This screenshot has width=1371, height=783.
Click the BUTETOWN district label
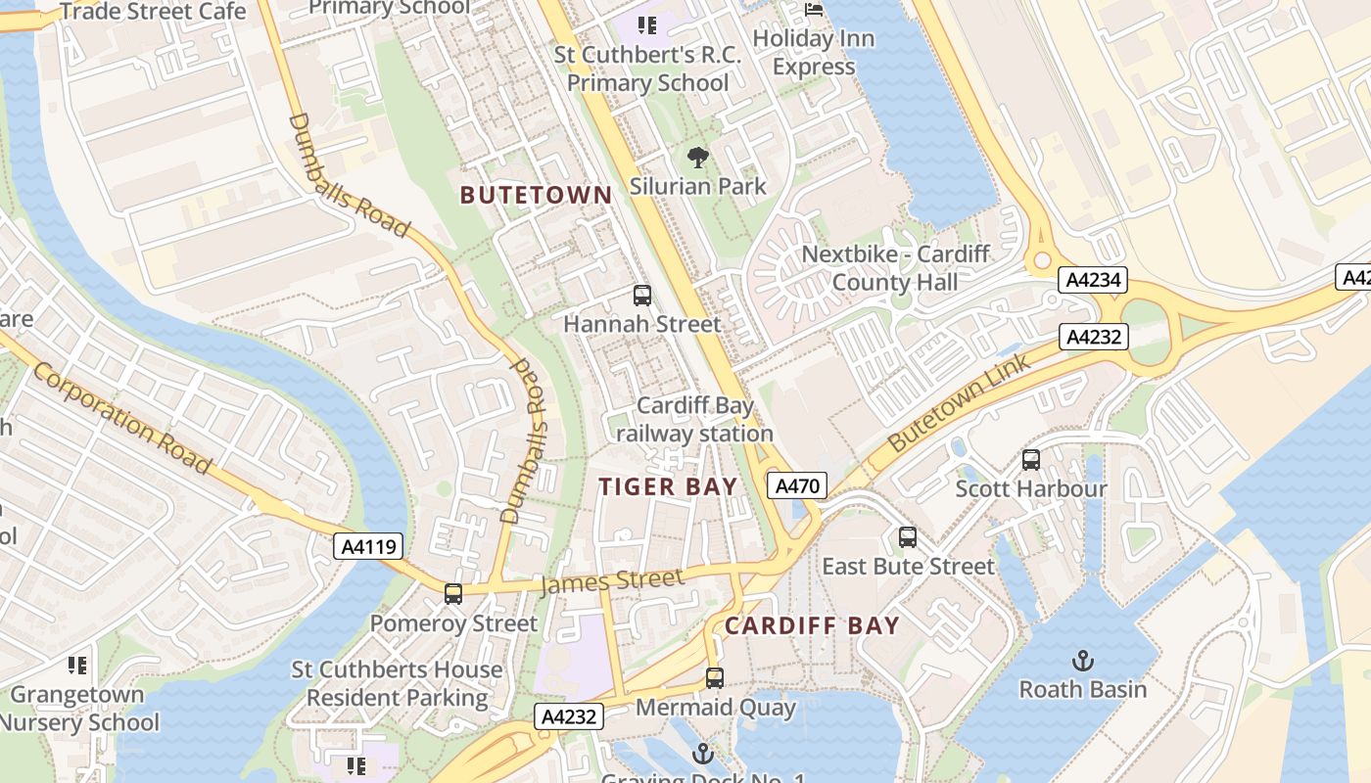536,195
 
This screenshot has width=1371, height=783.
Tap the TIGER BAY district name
668,486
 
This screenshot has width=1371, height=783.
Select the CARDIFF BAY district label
812,625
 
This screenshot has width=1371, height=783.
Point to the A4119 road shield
369,546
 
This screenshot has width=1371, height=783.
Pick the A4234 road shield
1093,281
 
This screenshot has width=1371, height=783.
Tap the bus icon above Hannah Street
642,295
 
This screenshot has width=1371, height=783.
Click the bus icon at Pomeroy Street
453,593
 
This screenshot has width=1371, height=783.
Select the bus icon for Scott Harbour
1031,459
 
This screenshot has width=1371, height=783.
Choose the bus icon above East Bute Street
908,536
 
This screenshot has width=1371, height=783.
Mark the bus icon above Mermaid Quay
715,677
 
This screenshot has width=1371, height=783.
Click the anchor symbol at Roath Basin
1082,660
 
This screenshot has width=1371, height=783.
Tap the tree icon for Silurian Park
697,157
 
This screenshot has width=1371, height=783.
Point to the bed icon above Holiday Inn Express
814,10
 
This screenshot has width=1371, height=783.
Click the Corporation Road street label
121,417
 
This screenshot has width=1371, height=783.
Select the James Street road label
612,581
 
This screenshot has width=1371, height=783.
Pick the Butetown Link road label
959,402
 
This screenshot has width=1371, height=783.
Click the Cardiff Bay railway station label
695,419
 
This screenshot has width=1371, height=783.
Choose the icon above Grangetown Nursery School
77,666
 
